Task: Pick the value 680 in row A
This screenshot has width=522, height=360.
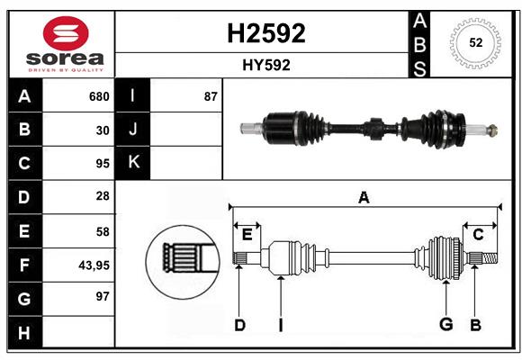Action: point(99,96)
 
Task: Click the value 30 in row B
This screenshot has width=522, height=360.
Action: point(103,130)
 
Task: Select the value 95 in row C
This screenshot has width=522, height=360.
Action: point(103,164)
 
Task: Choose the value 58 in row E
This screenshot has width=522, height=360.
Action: point(103,231)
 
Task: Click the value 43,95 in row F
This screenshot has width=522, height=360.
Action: point(94,265)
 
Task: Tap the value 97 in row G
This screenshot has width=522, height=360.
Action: point(103,295)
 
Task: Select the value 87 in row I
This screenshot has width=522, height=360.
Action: point(211,96)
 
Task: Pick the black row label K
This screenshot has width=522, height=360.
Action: point(133,163)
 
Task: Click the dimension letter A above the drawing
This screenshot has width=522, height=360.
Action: point(364,197)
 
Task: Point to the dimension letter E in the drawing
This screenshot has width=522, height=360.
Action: point(247,235)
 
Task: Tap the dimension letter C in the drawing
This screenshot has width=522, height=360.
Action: point(478,235)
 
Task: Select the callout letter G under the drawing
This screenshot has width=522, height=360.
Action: point(445,325)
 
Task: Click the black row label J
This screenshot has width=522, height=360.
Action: point(133,130)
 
